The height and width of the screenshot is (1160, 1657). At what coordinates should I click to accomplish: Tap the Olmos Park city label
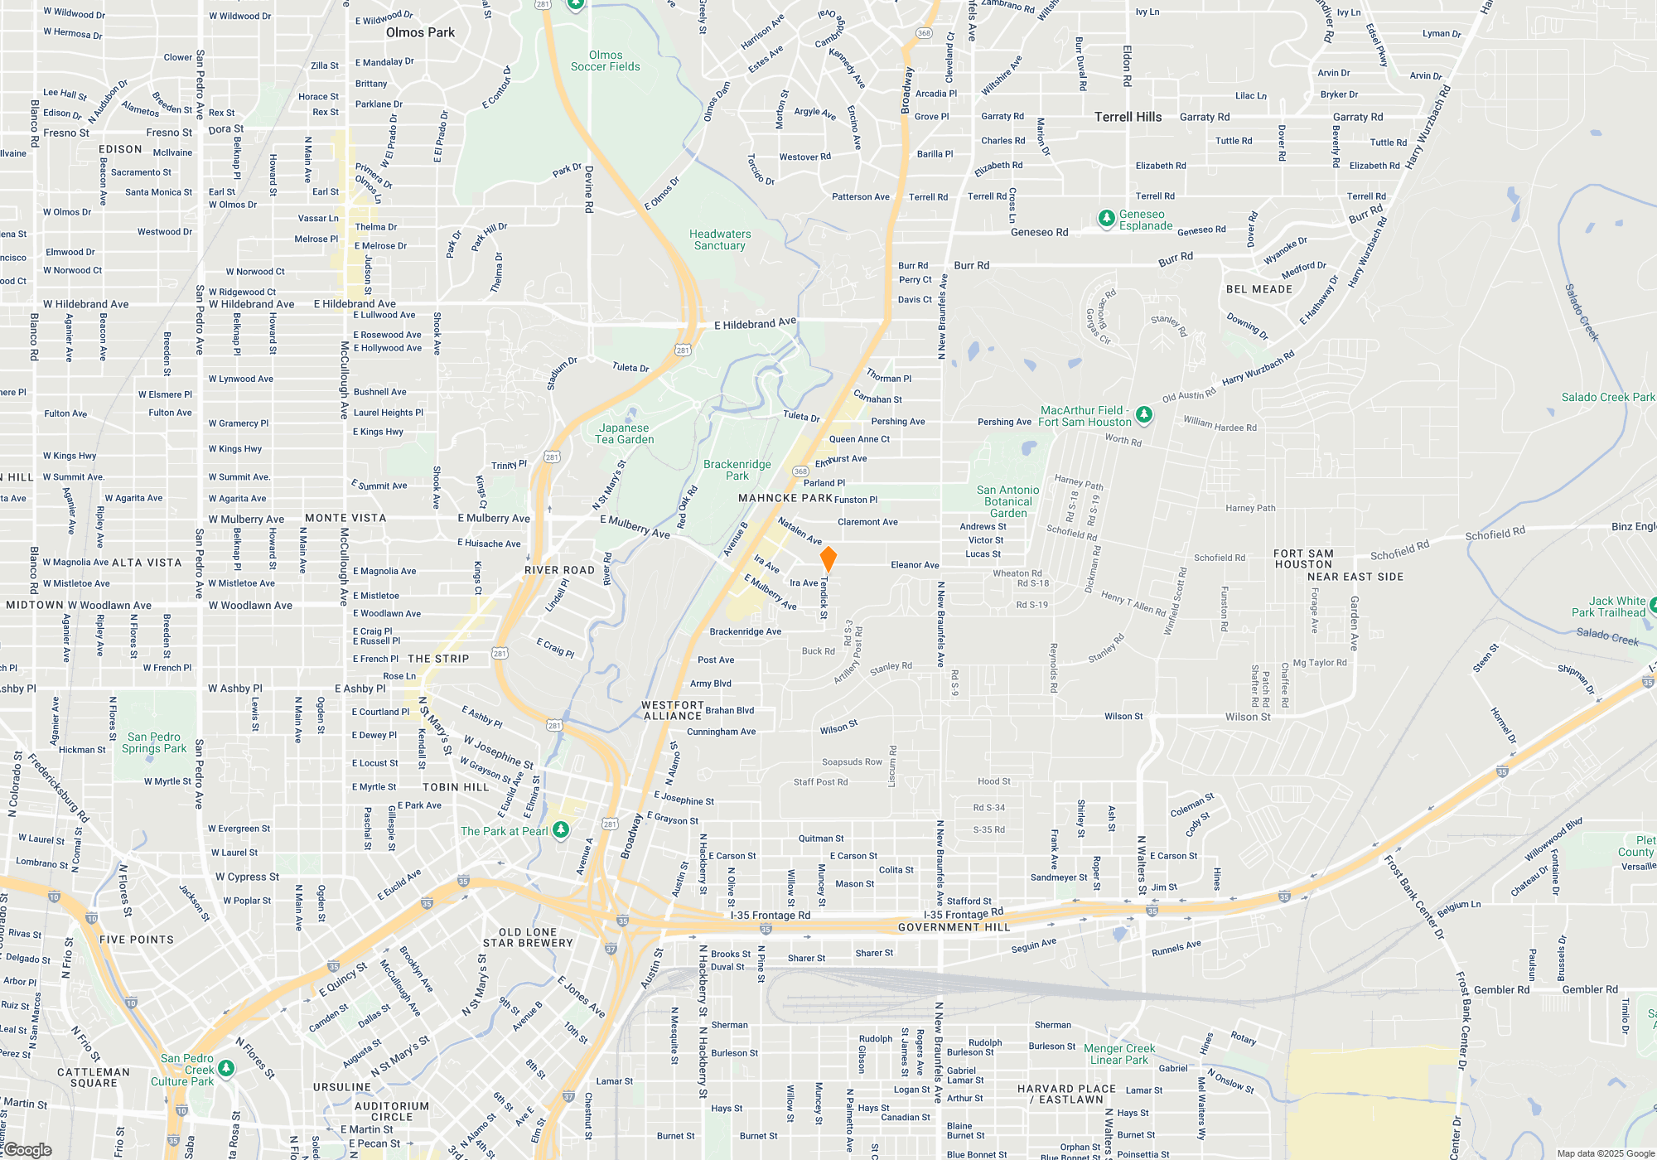pos(420,33)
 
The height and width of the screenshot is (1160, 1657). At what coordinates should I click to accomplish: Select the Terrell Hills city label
pos(1128,117)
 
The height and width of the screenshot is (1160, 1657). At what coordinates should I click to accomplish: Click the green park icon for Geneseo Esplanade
pos(1106,219)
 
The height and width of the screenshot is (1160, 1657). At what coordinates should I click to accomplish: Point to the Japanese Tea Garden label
pos(625,434)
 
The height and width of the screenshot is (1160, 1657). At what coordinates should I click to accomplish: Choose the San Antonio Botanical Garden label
pos(1007,501)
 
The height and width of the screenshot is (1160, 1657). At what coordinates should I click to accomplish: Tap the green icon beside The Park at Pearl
pos(561,829)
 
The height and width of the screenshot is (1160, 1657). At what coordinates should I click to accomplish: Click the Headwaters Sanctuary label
pos(720,239)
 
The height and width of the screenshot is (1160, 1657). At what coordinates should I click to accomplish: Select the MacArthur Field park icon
pos(1144,414)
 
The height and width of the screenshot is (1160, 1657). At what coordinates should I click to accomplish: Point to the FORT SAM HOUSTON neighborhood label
pos(1303,559)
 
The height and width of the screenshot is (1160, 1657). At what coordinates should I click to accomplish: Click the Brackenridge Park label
pos(737,470)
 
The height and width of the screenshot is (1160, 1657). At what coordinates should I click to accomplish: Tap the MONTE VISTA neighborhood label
pos(345,518)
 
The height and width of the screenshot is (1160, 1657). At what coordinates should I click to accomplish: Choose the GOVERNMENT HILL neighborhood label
pos(954,927)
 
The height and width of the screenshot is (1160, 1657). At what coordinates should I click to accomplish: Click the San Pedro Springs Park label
pos(154,742)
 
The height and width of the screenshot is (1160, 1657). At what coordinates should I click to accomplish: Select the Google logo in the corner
pos(28,1149)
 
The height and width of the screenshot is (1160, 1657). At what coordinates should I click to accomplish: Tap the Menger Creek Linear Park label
pos(1119,1054)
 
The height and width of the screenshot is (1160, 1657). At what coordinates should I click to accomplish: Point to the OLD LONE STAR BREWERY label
pos(528,937)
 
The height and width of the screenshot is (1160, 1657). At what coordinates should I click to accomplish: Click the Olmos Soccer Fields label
pos(605,60)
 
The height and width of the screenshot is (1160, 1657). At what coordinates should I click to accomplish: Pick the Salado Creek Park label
pos(1607,397)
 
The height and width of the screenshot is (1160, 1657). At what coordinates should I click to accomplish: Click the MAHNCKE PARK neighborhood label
pos(785,498)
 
